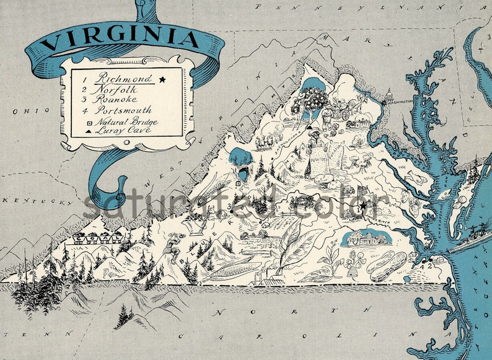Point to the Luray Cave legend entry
(x=121, y=131)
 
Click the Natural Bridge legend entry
(x=127, y=121)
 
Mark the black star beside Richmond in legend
(x=162, y=79)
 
